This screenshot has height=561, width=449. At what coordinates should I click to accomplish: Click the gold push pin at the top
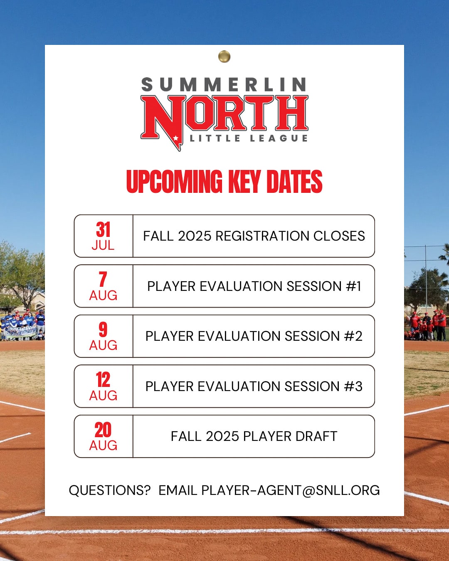click(224, 57)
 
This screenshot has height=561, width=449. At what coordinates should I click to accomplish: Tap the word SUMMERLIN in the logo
click(224, 84)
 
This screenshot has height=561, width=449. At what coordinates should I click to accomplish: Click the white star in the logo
click(176, 138)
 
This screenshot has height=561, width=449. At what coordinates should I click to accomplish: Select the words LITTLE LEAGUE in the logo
click(249, 138)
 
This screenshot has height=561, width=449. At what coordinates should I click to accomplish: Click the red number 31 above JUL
click(103, 229)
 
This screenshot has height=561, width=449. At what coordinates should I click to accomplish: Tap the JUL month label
click(103, 245)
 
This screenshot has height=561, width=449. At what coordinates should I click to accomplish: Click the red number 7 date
click(103, 279)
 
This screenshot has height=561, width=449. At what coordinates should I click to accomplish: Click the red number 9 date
click(103, 329)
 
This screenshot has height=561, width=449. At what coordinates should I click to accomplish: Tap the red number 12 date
click(103, 379)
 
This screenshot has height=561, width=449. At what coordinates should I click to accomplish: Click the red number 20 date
click(103, 430)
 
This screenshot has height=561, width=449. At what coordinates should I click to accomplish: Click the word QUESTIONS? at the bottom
click(110, 490)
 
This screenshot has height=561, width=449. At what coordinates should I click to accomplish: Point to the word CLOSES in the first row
click(339, 236)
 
